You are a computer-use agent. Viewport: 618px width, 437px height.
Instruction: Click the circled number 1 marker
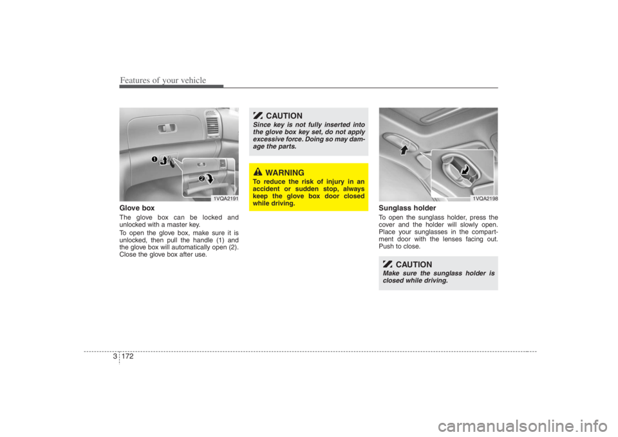point(154,158)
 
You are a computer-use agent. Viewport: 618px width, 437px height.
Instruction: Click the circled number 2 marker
point(200,177)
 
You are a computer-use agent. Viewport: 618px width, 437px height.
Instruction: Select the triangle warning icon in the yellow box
point(257,172)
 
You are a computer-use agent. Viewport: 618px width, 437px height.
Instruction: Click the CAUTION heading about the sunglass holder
point(414,265)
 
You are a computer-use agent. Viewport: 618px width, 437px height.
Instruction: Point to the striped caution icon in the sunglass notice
point(387,264)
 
